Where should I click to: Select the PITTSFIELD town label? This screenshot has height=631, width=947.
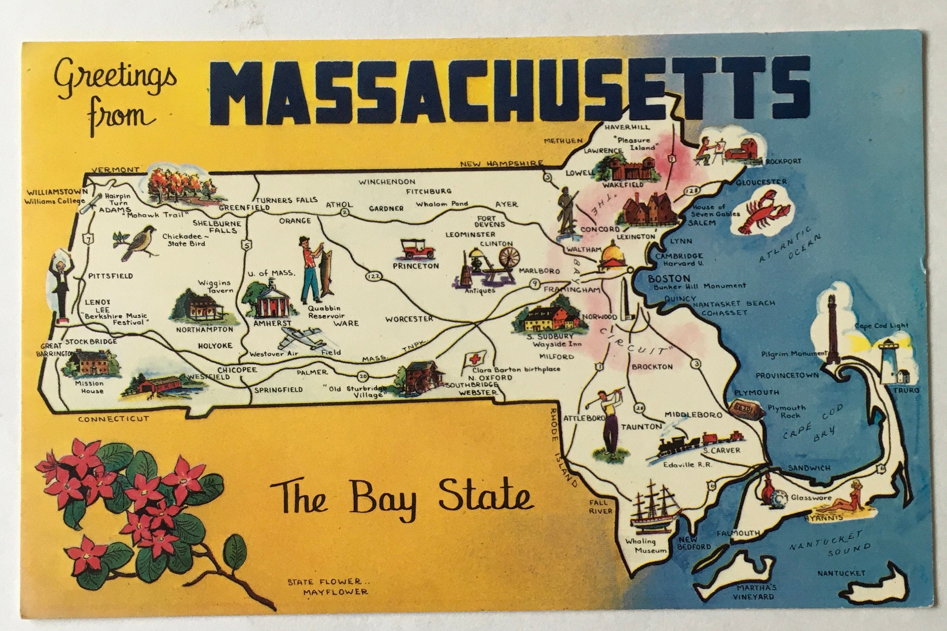[110, 276]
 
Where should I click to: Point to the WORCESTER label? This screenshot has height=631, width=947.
[409, 319]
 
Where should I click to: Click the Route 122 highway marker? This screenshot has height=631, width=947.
[373, 276]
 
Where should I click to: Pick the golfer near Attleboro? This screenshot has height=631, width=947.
[610, 422]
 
